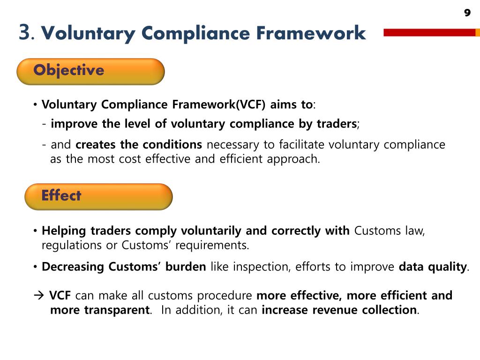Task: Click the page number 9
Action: (x=467, y=13)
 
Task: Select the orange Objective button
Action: (x=90, y=71)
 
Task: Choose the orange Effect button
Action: (x=98, y=196)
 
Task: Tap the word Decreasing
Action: (x=73, y=267)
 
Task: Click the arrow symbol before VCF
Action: (x=39, y=296)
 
